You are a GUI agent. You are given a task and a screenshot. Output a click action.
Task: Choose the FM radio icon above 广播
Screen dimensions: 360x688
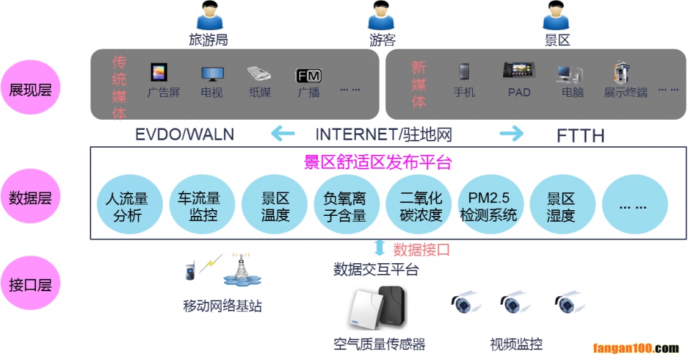[308, 75]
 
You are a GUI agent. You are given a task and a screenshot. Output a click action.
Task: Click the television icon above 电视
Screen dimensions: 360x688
[212, 73]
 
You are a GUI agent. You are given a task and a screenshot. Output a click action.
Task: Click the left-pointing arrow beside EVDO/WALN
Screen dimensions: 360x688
[282, 133]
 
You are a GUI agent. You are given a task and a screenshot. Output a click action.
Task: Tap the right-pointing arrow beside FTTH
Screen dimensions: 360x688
[512, 133]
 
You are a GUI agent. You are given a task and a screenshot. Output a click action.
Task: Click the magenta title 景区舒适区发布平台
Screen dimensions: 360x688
[377, 162]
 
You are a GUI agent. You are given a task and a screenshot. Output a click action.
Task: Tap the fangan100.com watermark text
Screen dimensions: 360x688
[636, 349]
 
